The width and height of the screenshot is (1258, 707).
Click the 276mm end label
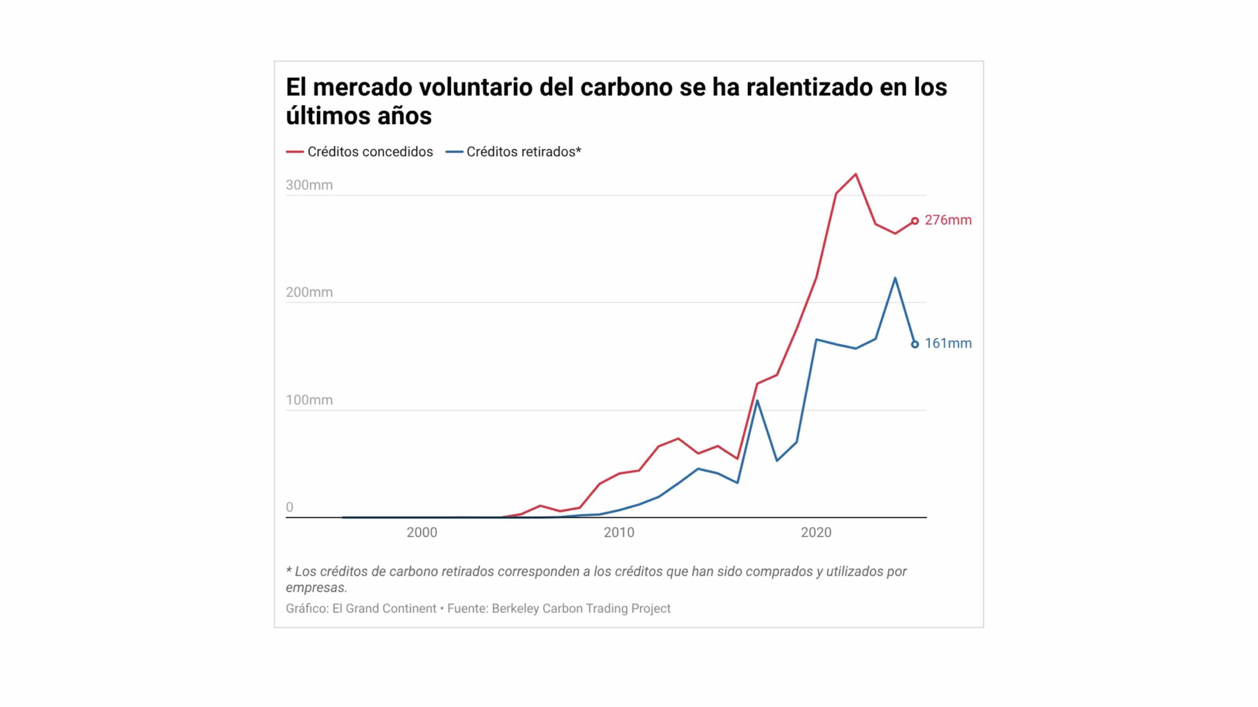coord(948,220)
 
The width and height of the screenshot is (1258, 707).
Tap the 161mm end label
coord(948,343)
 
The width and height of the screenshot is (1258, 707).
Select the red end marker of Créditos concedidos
coord(915,221)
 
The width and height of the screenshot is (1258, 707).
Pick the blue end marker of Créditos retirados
coord(915,344)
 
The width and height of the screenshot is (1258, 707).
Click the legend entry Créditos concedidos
coord(370,152)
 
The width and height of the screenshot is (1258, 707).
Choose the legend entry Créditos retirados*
coord(523,152)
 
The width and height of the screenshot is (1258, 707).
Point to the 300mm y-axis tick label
coord(309,185)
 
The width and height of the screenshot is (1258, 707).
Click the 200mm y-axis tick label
coord(309,292)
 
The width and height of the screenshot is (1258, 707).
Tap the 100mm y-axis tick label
coord(309,400)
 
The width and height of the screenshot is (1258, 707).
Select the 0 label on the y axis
coord(289,507)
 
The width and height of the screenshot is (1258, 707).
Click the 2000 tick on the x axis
coord(422,532)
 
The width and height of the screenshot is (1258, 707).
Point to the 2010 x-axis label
coord(619,532)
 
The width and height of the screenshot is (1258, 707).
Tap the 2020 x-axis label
coord(816,532)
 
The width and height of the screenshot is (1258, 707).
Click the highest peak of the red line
coord(856,174)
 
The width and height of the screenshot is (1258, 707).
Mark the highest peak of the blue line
coord(895,278)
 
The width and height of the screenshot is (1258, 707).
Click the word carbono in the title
coord(626,87)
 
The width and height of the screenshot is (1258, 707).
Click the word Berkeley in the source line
coord(515,608)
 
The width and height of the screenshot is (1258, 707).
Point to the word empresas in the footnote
coord(315,587)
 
